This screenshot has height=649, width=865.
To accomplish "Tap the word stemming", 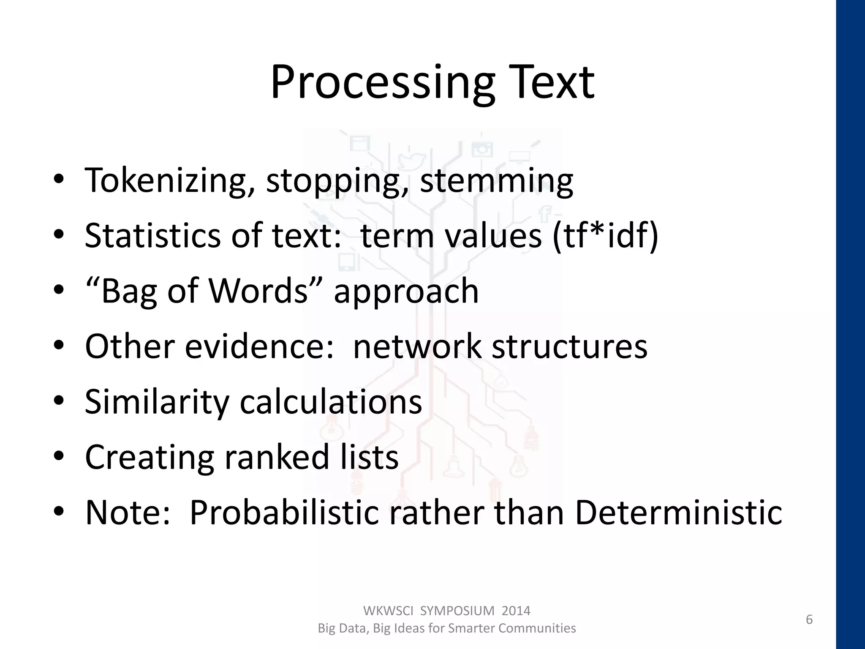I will [497, 180].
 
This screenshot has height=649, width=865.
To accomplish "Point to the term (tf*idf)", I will [605, 235].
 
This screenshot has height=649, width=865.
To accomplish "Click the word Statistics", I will [152, 235].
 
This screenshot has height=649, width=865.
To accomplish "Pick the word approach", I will [406, 292].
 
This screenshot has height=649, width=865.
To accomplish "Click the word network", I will [416, 346].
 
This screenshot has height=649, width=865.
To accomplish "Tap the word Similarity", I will [156, 402].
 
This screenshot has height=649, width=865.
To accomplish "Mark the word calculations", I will [331, 402].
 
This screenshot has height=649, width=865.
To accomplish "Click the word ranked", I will [276, 457].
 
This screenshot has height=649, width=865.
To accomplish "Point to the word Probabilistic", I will [283, 513].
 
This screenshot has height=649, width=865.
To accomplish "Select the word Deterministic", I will [678, 513].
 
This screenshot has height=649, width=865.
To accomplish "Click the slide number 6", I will [809, 620].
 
